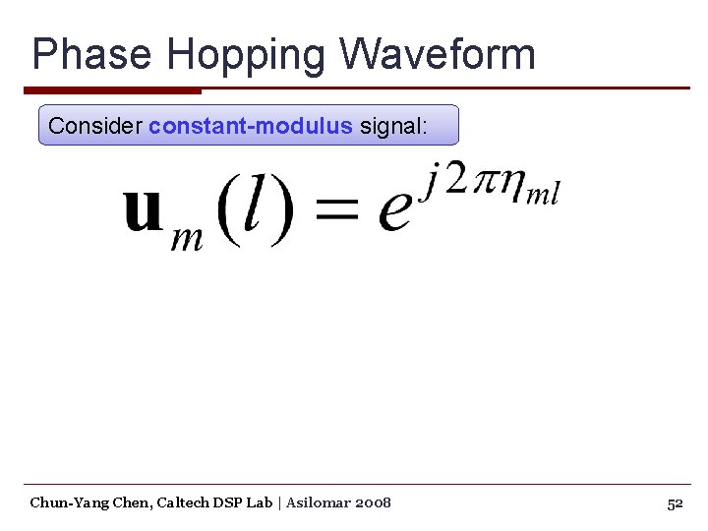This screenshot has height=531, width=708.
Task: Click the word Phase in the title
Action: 91,54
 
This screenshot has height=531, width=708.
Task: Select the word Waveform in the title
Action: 437,54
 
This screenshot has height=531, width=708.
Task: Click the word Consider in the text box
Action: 94,126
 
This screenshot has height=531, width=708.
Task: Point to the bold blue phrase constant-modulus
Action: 250,126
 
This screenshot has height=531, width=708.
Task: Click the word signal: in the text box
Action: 393,126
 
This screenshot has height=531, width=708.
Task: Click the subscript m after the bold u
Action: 187,237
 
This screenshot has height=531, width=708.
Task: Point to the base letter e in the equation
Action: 394,213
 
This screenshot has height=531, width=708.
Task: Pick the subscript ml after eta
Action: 543,194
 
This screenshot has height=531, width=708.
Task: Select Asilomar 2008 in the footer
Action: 338,502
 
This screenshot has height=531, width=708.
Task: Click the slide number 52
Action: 675,503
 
